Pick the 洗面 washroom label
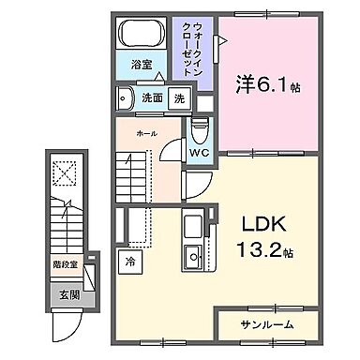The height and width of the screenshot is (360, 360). [152, 97]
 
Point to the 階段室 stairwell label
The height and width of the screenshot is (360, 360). [65, 266]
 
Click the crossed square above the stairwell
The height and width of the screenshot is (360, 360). [63, 173]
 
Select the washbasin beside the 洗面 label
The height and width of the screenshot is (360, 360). [124, 97]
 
